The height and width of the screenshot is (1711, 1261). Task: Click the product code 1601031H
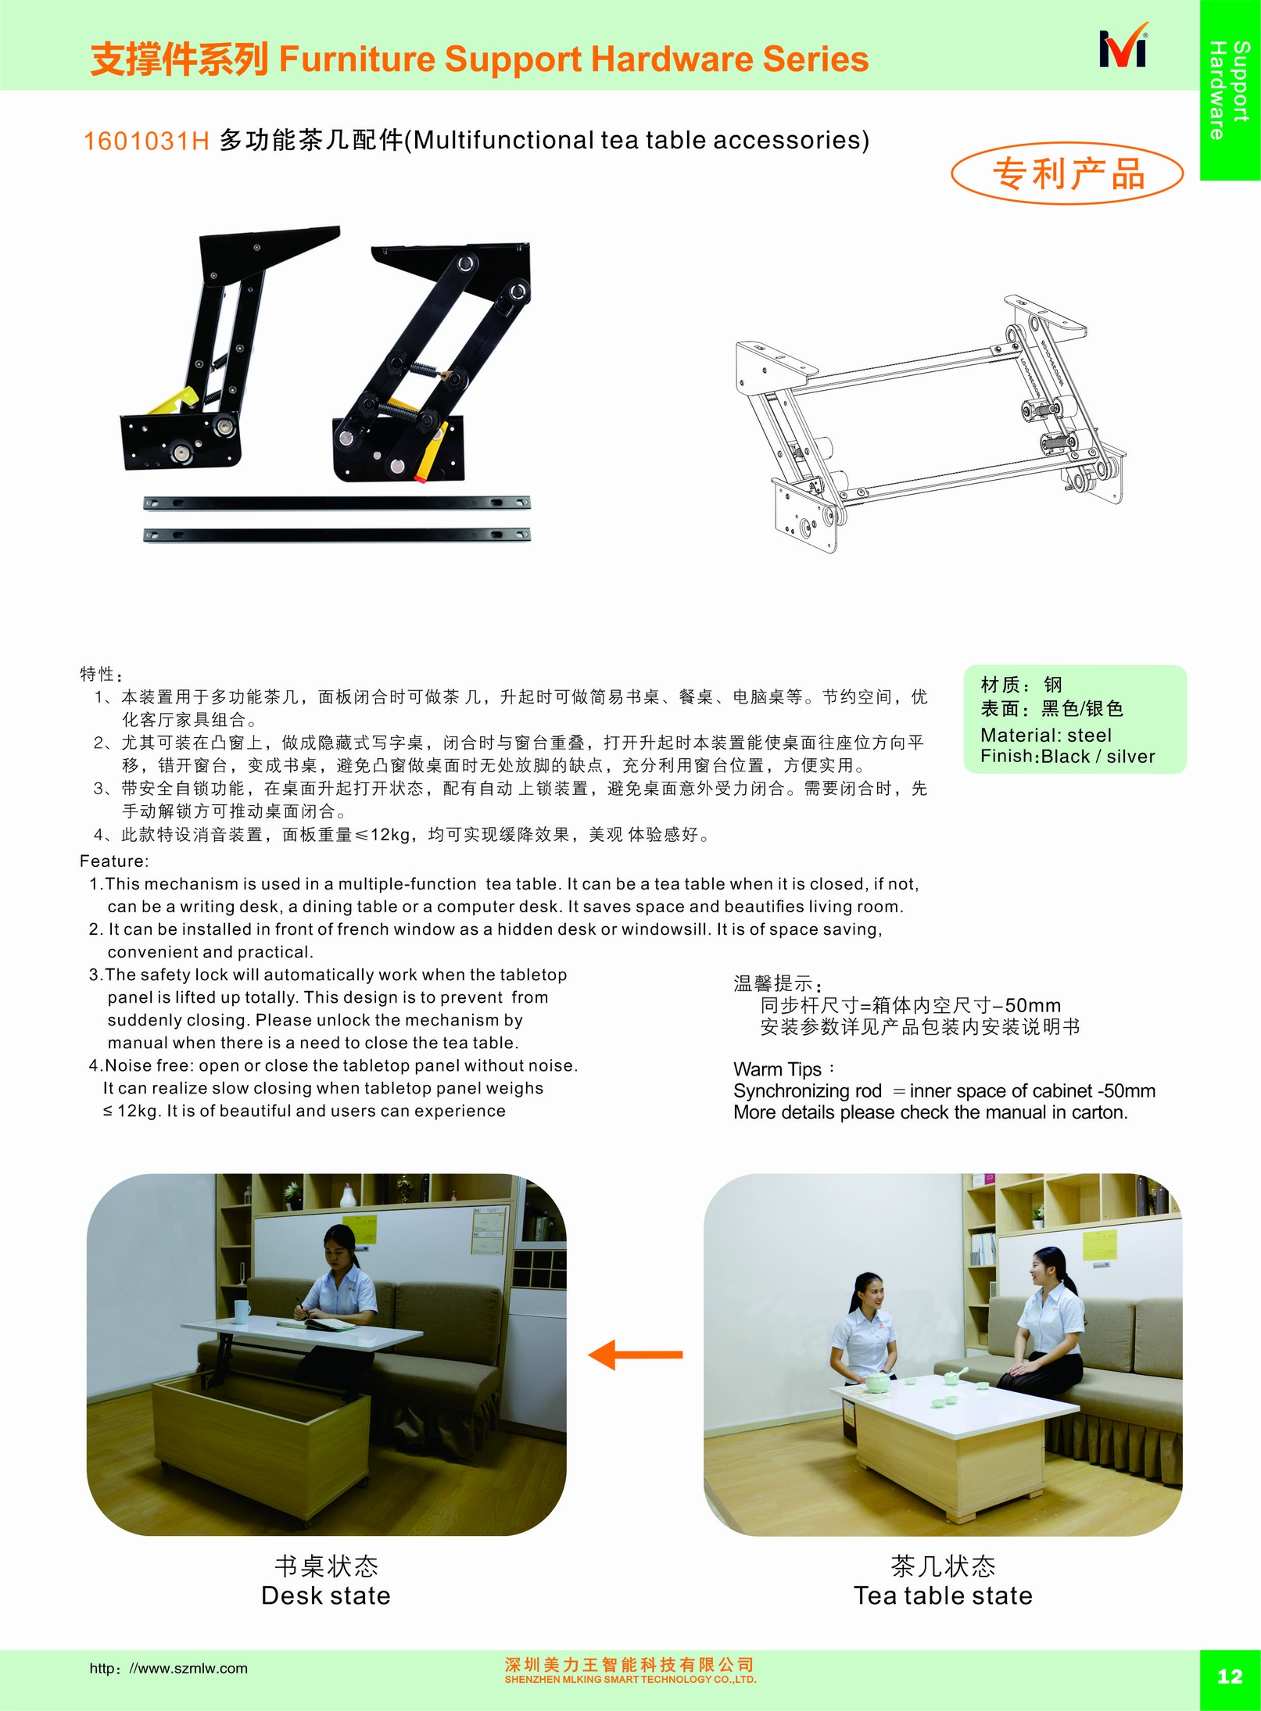146,141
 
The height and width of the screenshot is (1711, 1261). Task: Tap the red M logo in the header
1123,48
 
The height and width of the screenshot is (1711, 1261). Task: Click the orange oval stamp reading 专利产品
1067,174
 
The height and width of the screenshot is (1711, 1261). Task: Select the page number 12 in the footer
1230,1676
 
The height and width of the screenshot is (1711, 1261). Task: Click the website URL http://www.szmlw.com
168,1668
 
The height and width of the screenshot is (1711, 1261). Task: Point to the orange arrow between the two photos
635,1355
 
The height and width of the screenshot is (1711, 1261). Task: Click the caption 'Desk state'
326,1595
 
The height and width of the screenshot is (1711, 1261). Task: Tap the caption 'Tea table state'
943,1595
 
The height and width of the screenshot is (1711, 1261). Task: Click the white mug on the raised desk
242,1311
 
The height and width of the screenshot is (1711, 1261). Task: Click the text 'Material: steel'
1045,735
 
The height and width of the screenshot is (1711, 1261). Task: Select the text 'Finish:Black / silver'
1067,757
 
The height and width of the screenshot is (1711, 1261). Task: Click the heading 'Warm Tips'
778,1069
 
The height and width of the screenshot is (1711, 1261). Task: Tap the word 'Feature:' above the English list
114,861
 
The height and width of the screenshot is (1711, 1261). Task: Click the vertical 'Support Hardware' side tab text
1229,90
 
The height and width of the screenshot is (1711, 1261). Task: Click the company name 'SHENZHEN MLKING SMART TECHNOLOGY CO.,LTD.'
630,1679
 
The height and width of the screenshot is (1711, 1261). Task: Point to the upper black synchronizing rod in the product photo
337,503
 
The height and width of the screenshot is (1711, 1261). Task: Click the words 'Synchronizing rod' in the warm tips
808,1091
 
